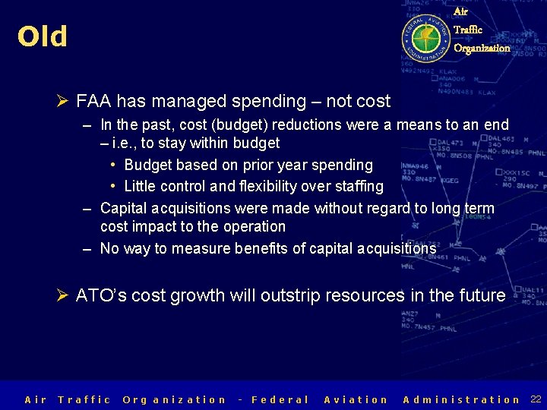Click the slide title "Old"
point(43,36)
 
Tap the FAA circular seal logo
point(425,36)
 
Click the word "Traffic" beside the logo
point(468,30)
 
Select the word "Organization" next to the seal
point(482,48)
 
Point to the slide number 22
point(536,399)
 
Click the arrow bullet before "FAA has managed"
point(63,102)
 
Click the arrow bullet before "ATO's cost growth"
point(63,296)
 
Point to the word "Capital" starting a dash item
point(125,208)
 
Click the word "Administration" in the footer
point(462,399)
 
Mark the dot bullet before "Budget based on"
point(112,165)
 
